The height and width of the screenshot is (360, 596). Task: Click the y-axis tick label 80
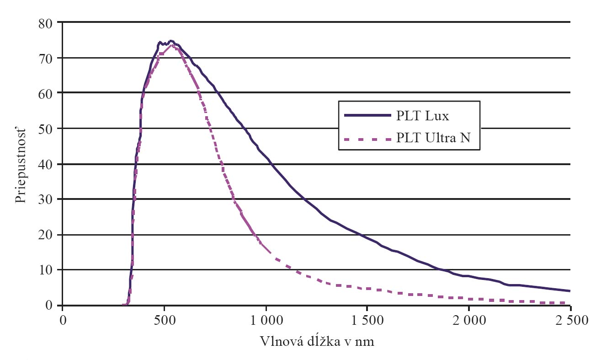coord(47,22)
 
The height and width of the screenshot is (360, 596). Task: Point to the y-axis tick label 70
coord(47,58)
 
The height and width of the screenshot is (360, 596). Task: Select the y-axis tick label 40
coord(47,164)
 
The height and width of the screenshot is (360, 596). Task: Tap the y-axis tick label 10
coord(47,270)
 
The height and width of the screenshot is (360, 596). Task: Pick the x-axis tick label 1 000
coord(266,319)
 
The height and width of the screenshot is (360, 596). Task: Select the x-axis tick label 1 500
coord(367,319)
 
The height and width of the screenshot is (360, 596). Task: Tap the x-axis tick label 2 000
coord(468,319)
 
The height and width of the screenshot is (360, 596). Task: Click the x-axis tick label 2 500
coord(570,319)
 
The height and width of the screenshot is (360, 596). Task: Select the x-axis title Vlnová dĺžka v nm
coord(317,342)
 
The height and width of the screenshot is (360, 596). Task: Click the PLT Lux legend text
coord(423,115)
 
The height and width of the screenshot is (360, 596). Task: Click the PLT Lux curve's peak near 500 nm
coord(170,41)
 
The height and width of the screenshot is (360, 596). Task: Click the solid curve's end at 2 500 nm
coord(569,291)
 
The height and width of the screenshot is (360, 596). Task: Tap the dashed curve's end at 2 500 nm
coord(569,303)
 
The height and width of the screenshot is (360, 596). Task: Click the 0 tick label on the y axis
coord(50,305)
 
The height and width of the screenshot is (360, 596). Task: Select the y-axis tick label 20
coord(47,235)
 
